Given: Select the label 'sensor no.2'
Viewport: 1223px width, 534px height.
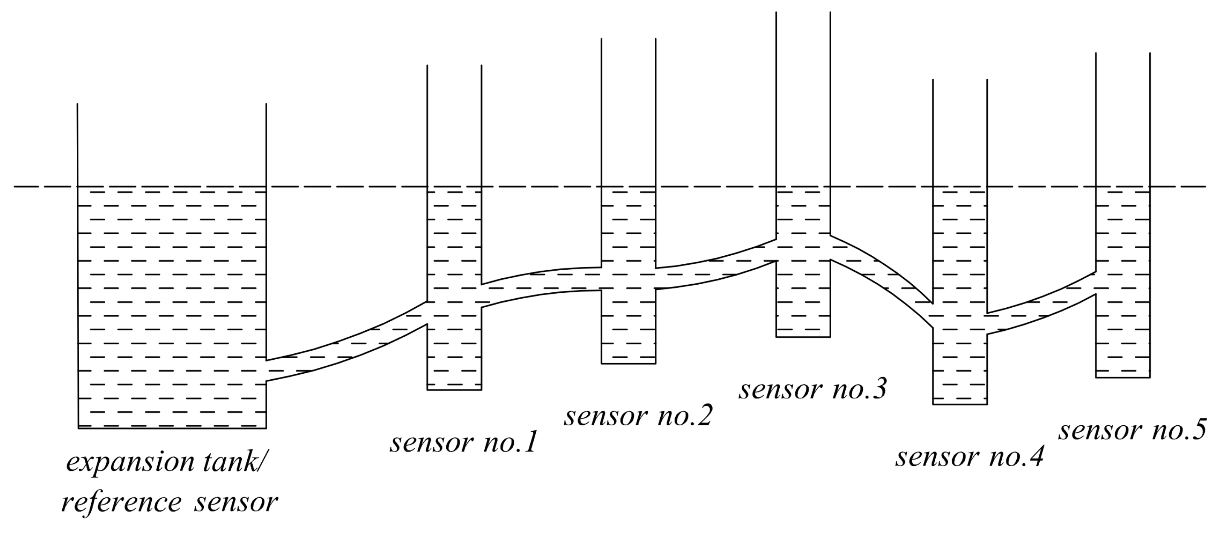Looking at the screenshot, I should (x=638, y=416).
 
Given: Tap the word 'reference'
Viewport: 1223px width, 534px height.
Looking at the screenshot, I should (x=121, y=502).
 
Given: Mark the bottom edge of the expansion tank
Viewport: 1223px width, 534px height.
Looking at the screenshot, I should (x=172, y=428).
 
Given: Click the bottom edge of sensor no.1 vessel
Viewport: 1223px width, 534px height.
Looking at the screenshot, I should (x=454, y=390).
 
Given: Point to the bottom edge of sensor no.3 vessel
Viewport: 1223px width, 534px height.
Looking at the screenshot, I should (x=803, y=337).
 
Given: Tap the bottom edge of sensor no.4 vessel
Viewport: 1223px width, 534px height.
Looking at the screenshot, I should (x=960, y=404).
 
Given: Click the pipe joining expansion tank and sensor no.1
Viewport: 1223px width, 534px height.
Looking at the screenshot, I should (x=347, y=349).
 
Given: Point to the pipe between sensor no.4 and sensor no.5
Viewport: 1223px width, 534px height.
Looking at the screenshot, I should (x=1042, y=311).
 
